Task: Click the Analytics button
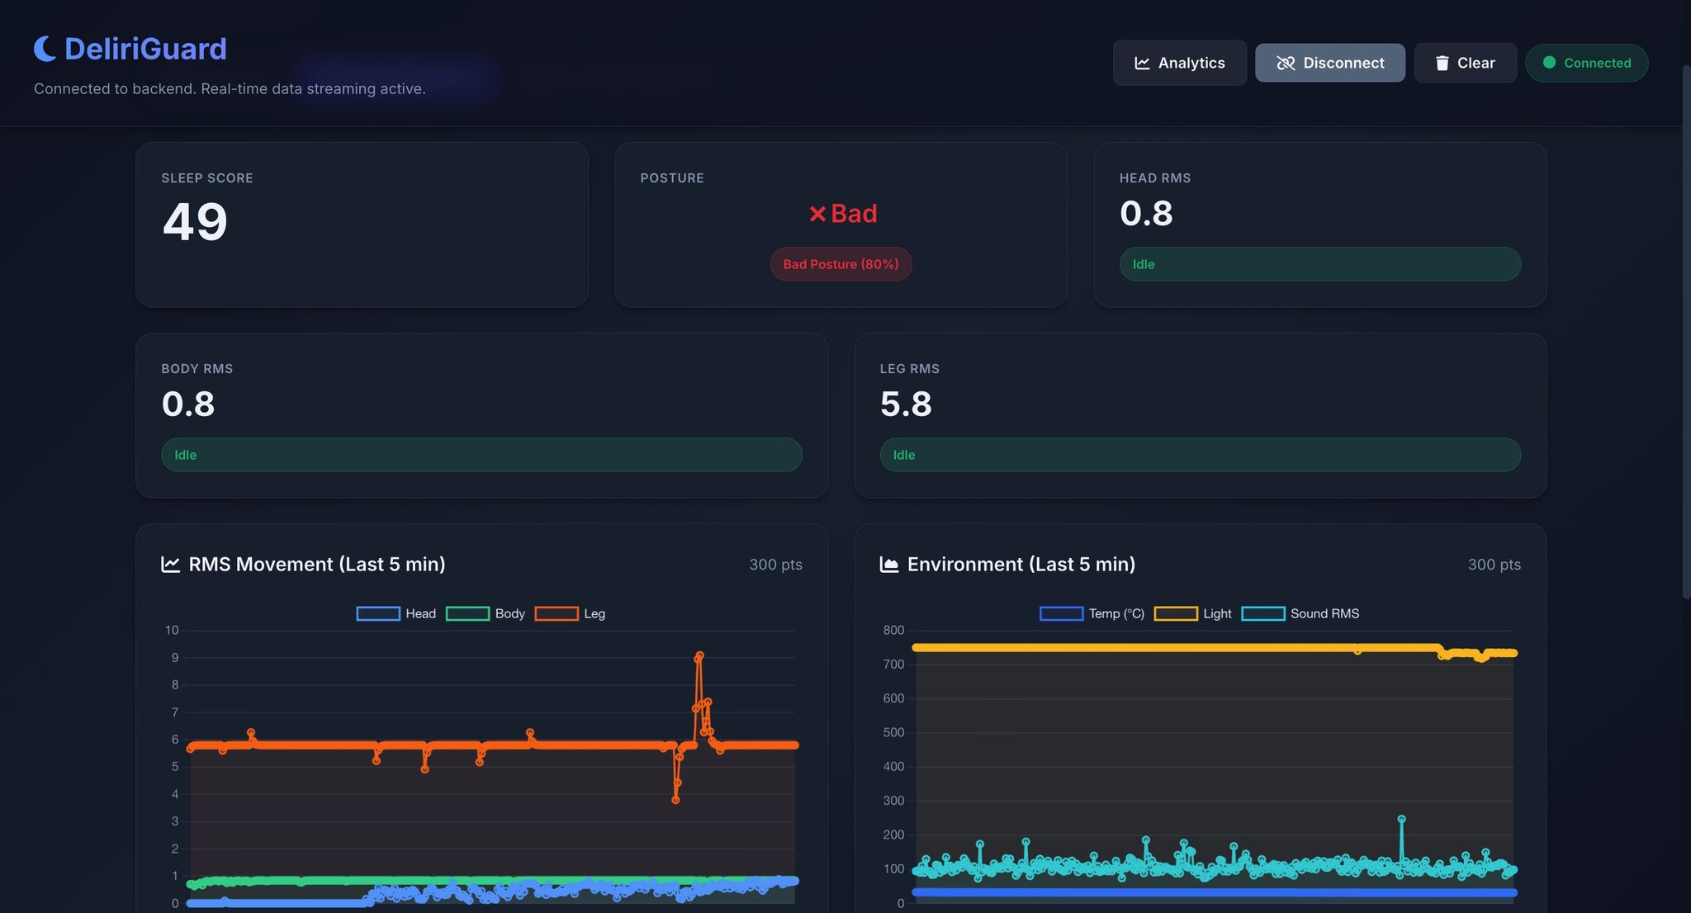1179,63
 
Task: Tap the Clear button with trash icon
1465,63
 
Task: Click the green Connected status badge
1586,63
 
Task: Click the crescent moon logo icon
45,49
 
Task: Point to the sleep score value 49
195,221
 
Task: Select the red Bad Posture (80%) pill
841,264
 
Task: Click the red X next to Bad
817,214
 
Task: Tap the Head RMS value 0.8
1146,213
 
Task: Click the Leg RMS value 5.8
906,404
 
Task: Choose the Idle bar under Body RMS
481,455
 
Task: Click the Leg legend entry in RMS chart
571,613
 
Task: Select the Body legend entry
486,613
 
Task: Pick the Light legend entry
1193,613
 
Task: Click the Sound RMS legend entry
1300,613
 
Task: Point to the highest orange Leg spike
699,656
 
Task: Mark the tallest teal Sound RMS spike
1401,819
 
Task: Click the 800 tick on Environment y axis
893,630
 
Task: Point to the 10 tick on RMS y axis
172,630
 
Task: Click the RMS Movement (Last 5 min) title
316,564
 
